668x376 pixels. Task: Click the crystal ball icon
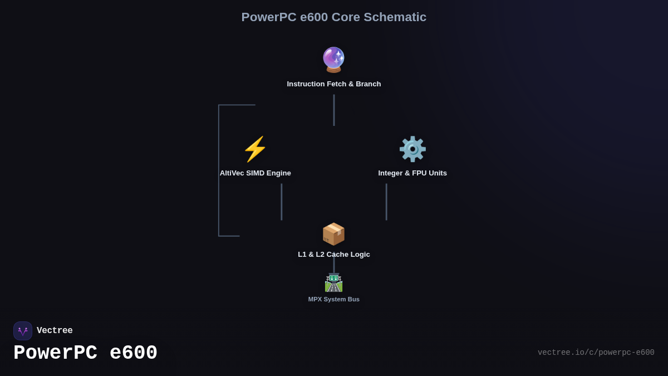click(333, 60)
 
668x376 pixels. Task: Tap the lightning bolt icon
click(255, 149)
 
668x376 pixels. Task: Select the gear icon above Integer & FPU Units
click(412, 149)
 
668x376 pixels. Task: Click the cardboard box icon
click(333, 234)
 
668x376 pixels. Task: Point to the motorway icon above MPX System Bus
click(333, 282)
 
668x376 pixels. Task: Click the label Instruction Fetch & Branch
click(333, 84)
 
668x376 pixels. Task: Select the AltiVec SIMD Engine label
click(255, 173)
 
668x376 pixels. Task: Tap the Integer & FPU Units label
click(412, 173)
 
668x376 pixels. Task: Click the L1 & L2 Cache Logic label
click(333, 255)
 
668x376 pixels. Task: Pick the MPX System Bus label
click(333, 299)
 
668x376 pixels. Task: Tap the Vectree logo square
click(23, 331)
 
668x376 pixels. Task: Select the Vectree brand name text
click(55, 331)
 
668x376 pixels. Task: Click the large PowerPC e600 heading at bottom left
click(85, 353)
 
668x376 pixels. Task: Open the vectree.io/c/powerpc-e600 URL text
click(596, 353)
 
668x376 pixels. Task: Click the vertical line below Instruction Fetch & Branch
click(334, 110)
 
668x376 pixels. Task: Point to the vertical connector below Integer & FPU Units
click(386, 202)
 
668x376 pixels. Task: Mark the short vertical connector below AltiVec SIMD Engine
click(282, 202)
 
